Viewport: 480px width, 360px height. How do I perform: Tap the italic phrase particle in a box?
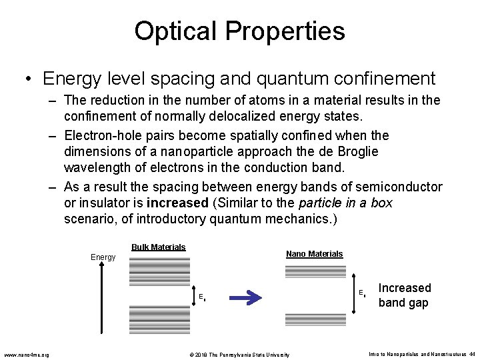347,203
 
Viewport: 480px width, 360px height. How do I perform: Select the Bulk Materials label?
158,247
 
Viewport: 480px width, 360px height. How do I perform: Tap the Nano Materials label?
314,254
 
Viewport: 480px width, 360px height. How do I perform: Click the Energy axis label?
103,257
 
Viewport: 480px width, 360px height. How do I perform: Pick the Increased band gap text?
404,295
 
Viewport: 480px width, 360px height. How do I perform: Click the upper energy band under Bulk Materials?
159,272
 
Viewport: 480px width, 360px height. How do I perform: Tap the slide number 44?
471,354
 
